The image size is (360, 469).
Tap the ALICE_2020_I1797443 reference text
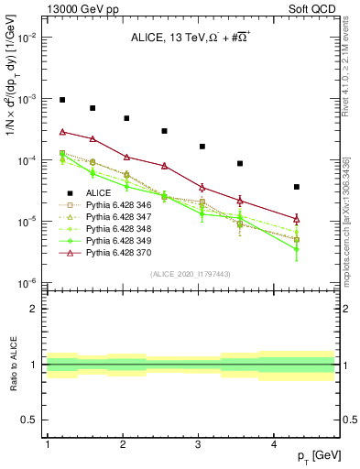pyautogui.click(x=190, y=275)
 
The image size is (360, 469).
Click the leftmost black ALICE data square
pyautogui.click(x=62, y=100)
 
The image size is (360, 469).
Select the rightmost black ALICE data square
pyautogui.click(x=297, y=187)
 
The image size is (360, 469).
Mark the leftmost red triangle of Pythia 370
pyautogui.click(x=62, y=132)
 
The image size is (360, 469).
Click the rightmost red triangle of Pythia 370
pyautogui.click(x=297, y=218)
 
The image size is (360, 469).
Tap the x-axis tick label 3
pyautogui.click(x=199, y=444)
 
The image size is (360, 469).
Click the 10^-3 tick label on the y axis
pyautogui.click(x=27, y=98)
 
